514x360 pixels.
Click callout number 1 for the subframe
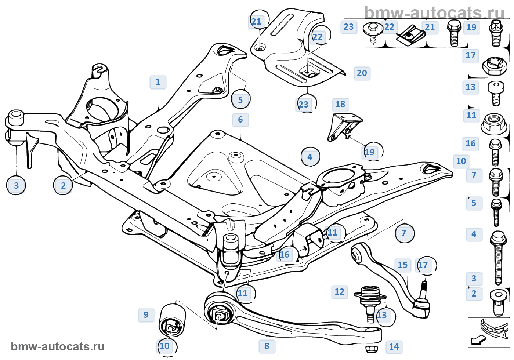click(158, 82)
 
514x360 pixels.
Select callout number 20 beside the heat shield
click(362, 73)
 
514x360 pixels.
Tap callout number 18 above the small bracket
click(340, 104)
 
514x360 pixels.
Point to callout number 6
click(240, 120)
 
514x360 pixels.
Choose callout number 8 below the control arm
click(267, 346)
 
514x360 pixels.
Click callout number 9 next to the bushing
click(146, 315)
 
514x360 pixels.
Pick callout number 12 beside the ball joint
click(340, 292)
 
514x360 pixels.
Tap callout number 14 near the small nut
click(394, 347)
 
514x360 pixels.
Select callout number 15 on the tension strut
click(403, 265)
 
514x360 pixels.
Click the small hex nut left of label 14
click(371, 349)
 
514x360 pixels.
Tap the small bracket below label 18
click(345, 127)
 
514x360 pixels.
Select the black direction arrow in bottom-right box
click(478, 340)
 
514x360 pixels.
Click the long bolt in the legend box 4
click(498, 258)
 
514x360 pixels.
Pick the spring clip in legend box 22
click(410, 35)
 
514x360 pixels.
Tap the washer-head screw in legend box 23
click(373, 33)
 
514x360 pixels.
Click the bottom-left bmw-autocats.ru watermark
click(58, 347)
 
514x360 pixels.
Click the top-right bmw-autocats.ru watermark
click(434, 12)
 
